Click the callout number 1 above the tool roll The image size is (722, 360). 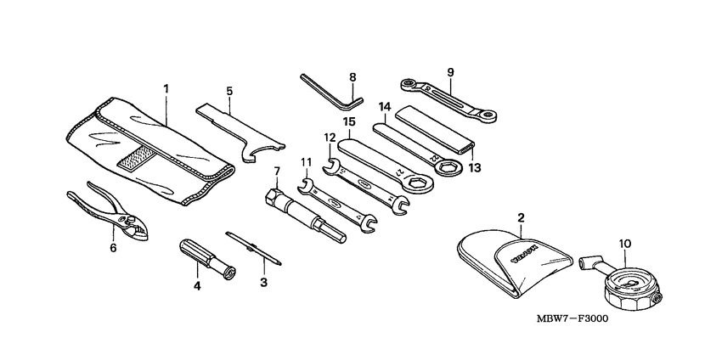pyautogui.click(x=166, y=87)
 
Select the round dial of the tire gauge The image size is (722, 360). pyautogui.click(x=630, y=285)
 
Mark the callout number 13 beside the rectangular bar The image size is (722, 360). pyautogui.click(x=474, y=168)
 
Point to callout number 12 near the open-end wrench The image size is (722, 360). pyautogui.click(x=328, y=136)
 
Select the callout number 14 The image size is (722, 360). pyautogui.click(x=384, y=107)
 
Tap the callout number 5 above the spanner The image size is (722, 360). pyautogui.click(x=228, y=90)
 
